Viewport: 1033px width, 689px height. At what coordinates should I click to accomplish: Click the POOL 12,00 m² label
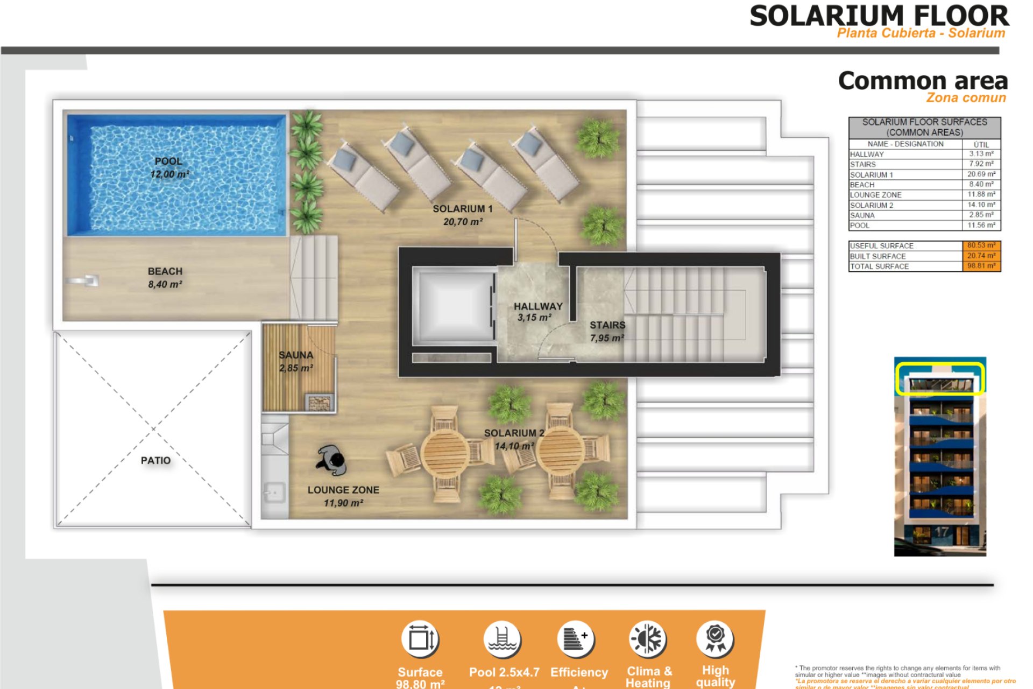[169, 167]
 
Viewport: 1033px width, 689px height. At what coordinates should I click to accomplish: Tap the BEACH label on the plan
[165, 277]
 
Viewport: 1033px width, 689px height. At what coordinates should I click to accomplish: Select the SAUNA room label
[296, 361]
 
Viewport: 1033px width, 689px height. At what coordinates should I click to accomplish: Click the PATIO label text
[155, 460]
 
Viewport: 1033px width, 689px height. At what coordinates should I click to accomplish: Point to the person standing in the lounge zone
[332, 460]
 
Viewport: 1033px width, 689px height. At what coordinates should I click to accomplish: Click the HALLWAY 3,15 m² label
[537, 312]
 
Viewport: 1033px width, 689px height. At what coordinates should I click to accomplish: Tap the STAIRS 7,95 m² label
[607, 331]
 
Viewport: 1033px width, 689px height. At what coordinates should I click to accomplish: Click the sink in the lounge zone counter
[274, 493]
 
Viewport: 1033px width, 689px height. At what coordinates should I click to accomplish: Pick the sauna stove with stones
[320, 403]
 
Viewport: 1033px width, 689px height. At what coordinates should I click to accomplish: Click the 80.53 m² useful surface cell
[981, 245]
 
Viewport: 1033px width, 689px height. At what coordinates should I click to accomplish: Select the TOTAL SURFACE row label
[879, 266]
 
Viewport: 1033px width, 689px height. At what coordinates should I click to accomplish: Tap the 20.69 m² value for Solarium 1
[981, 174]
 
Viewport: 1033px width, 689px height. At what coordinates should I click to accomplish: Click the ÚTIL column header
[981, 144]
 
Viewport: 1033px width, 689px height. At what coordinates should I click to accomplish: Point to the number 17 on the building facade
[941, 532]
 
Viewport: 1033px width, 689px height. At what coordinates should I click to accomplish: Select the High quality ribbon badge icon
[715, 638]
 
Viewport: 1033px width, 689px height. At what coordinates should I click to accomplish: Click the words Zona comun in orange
[966, 98]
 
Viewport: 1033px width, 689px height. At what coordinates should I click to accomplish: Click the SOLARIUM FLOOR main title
[879, 16]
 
